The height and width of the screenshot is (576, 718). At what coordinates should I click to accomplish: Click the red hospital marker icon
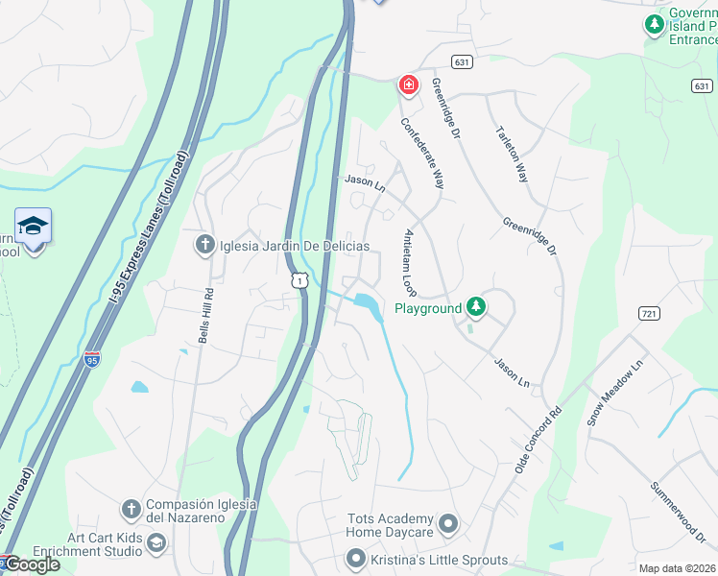[x=409, y=85]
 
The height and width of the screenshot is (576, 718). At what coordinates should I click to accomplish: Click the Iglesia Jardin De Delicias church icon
[x=203, y=246]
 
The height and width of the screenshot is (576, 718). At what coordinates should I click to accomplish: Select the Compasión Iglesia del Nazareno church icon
[x=132, y=508]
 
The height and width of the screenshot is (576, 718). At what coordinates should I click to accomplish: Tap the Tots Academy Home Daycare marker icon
[x=449, y=525]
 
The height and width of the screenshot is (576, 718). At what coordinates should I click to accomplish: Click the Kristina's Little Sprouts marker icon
[x=356, y=559]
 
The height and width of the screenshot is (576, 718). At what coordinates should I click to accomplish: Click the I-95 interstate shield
[x=92, y=360]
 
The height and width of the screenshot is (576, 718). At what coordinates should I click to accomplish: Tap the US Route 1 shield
[x=300, y=277]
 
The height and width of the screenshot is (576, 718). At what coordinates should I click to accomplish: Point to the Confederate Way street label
[x=422, y=153]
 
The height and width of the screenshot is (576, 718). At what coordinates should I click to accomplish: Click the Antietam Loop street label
[x=410, y=262]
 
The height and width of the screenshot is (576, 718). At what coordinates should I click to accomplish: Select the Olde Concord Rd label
[x=538, y=444]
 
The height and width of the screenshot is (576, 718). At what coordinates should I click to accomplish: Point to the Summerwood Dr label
[x=677, y=511]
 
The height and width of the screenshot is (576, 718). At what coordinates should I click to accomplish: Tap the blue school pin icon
[x=34, y=228]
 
